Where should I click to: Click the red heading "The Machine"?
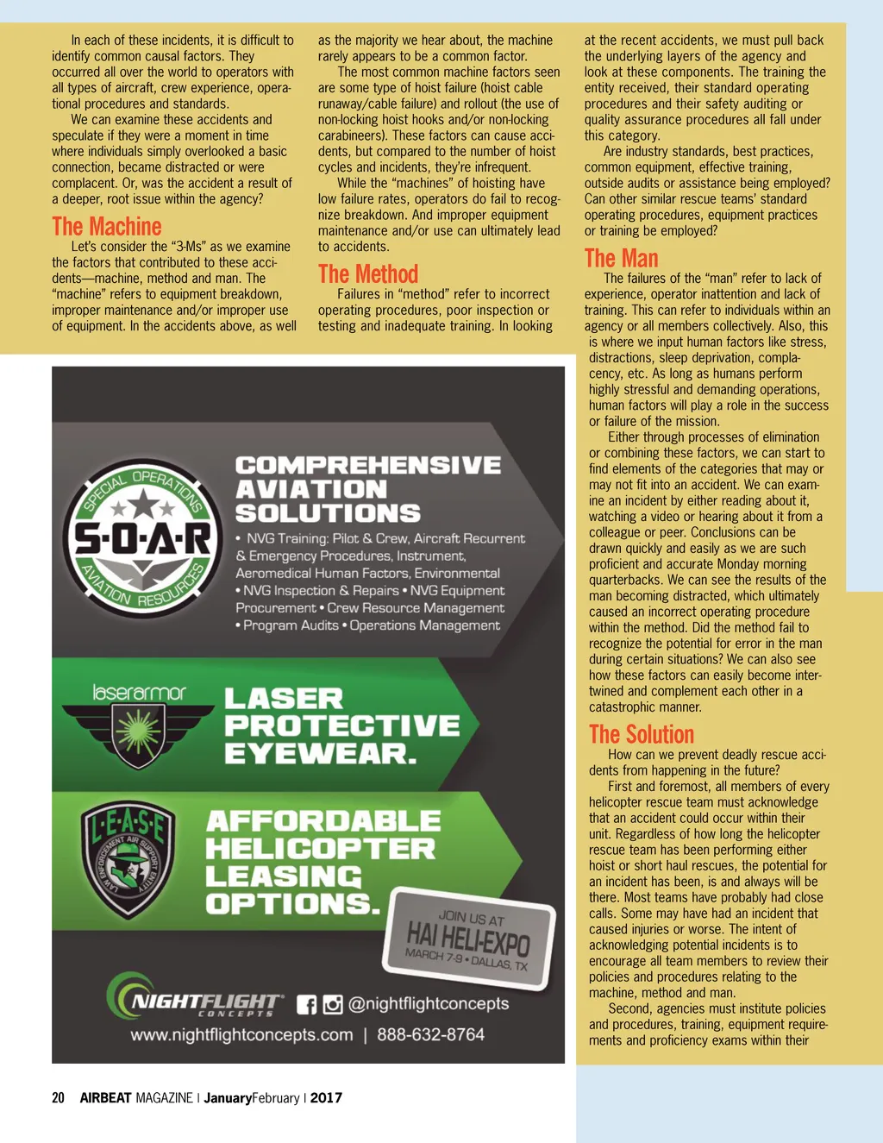[107, 227]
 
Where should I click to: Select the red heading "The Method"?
[368, 274]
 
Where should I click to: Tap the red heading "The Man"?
[621, 259]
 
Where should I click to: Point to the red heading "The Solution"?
[642, 735]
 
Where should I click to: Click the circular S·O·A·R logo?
[143, 538]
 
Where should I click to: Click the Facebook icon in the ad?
[306, 1005]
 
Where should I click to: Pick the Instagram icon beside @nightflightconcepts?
[333, 1005]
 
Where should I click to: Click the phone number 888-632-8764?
[430, 1034]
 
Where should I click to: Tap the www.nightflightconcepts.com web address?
[241, 1034]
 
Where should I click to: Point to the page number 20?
[59, 1098]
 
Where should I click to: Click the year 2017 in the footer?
[326, 1098]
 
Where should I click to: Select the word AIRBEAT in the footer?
[105, 1098]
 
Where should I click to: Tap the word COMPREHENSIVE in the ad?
[368, 466]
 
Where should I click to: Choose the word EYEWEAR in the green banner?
[320, 753]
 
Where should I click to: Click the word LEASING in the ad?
[284, 876]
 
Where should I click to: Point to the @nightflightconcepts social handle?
[429, 1004]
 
